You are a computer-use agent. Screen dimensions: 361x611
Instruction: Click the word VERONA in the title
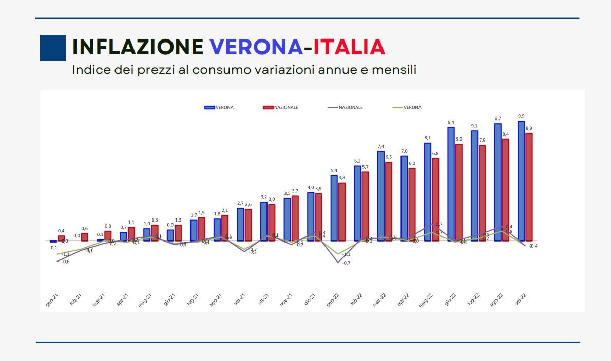pos(256,47)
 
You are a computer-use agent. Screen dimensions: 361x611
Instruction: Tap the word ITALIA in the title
pos(349,47)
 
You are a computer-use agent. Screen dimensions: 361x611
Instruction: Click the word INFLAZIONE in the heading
pos(138,47)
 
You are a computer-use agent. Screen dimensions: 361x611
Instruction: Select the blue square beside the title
pos(53,48)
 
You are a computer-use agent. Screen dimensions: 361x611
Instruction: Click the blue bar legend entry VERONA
pos(219,107)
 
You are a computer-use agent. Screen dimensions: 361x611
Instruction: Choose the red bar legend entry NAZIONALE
pos(280,107)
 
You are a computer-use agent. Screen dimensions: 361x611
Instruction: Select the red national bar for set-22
pos(529,187)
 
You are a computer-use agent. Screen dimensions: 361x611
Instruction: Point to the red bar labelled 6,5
pos(389,201)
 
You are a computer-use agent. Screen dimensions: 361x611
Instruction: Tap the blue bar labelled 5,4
pos(334,208)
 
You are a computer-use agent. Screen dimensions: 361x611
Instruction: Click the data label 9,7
pos(498,118)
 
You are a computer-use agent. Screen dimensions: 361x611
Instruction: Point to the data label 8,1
pos(428,138)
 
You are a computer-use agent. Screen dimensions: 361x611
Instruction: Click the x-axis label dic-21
pos(310,299)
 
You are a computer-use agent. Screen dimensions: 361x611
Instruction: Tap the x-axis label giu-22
pos(450,299)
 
